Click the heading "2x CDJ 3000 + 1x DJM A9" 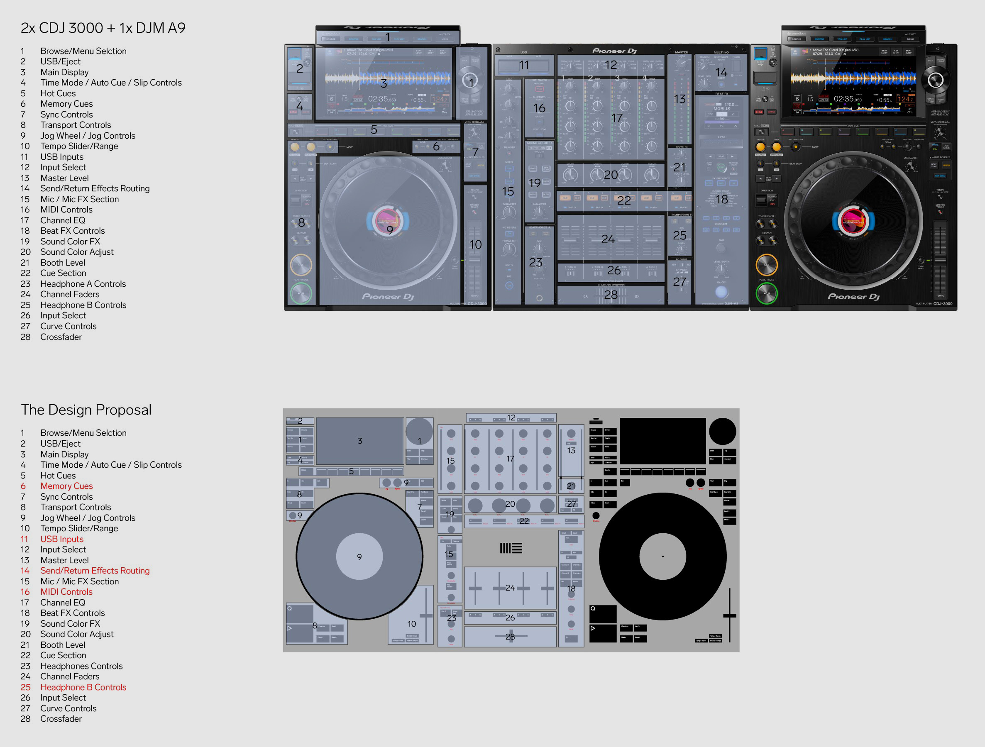click(x=103, y=28)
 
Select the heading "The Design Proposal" click(x=86, y=410)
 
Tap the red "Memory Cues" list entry click(x=66, y=486)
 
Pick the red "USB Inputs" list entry click(x=61, y=539)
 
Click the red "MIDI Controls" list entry click(x=66, y=592)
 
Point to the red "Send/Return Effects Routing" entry click(x=95, y=571)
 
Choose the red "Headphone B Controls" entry click(x=83, y=687)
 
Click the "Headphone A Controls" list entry click(x=83, y=284)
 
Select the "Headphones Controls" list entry click(x=81, y=666)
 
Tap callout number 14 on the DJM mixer click(x=721, y=72)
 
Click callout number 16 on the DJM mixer click(x=539, y=108)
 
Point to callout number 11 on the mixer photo click(x=524, y=65)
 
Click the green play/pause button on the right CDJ click(x=766, y=293)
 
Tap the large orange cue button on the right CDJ click(x=766, y=265)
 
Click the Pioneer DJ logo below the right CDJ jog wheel click(x=853, y=296)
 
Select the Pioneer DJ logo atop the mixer click(x=614, y=51)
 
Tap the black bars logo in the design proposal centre click(x=510, y=548)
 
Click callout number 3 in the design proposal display click(x=360, y=441)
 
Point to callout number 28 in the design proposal click(x=510, y=637)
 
